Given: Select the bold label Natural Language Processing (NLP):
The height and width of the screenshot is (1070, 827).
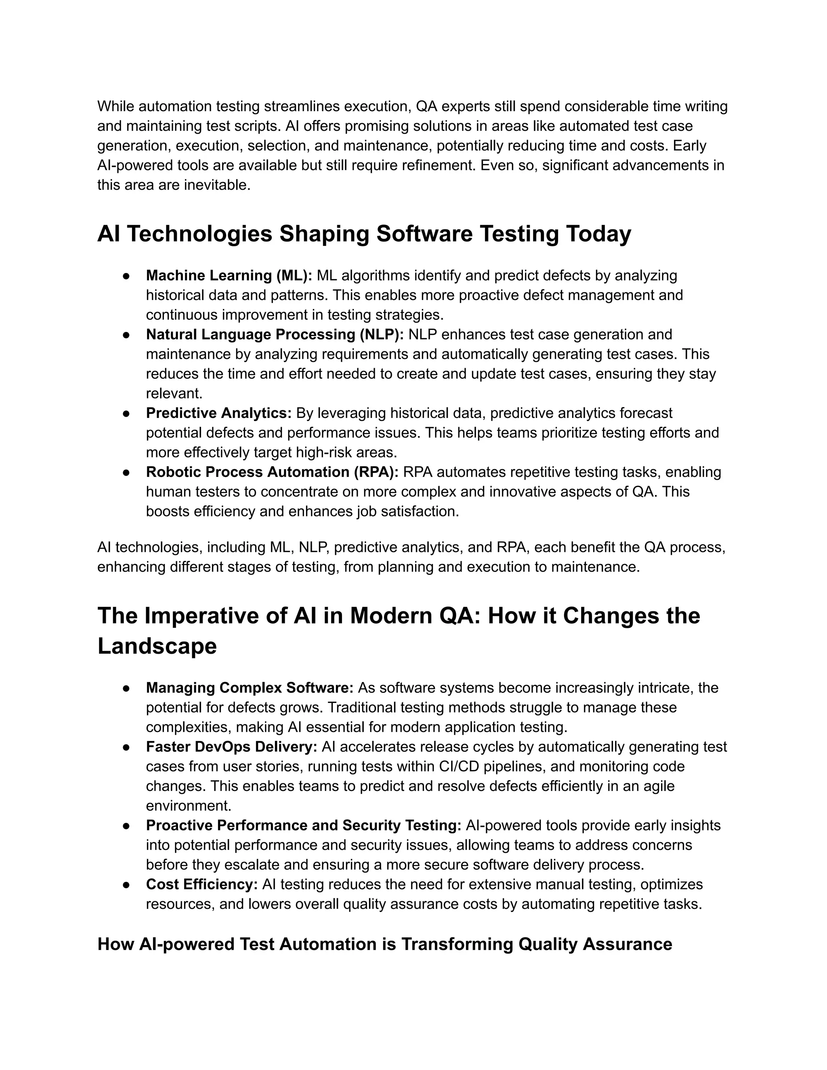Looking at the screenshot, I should (274, 335).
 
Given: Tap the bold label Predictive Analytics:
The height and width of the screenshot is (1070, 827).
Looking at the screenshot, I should (218, 413).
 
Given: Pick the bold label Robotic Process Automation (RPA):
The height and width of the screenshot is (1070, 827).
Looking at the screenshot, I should (272, 472).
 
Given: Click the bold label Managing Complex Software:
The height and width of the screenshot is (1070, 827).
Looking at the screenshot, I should (250, 688).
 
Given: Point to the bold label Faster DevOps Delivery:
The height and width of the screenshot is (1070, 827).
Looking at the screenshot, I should (231, 747).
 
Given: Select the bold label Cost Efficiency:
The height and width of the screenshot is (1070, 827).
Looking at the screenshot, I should (202, 884).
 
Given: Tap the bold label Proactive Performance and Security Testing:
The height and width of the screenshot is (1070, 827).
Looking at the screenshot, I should (303, 826).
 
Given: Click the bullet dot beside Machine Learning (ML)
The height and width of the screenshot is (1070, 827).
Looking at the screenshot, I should (126, 276).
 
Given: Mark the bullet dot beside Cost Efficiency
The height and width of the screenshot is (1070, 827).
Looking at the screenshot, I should (126, 885).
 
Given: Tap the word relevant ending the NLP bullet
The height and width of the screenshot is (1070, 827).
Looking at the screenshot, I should (174, 394).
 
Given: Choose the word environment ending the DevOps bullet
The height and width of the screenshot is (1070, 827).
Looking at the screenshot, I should (188, 806).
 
